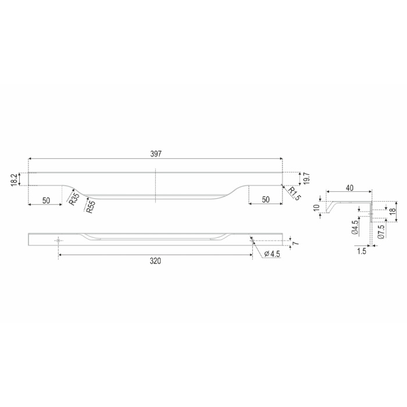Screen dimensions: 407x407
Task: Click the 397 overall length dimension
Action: [156, 154]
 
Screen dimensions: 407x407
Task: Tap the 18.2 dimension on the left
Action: [15, 179]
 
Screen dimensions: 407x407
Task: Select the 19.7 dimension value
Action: [306, 178]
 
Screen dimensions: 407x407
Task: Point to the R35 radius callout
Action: [73, 199]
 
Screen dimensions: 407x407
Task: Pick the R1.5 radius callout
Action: [294, 194]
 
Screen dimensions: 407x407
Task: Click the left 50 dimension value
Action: [46, 201]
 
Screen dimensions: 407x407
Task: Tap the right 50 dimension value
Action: [266, 199]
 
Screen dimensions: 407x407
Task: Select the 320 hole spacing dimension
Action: [155, 261]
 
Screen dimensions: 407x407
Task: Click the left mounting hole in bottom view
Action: [58, 241]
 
